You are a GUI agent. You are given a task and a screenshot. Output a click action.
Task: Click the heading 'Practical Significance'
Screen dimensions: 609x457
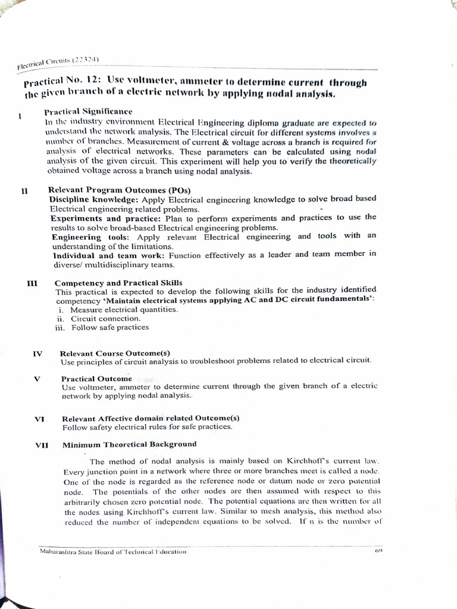(x=88, y=111)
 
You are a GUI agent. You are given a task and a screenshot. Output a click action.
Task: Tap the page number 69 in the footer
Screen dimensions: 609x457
(x=377, y=551)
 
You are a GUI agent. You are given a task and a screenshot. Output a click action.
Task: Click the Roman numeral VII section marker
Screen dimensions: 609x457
(x=43, y=444)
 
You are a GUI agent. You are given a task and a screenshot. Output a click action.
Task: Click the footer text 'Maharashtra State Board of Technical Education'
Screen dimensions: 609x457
(x=112, y=551)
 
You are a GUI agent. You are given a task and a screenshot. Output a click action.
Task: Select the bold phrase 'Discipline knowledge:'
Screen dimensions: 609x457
(x=88, y=199)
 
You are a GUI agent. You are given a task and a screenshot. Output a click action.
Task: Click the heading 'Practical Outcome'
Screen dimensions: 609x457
(x=96, y=378)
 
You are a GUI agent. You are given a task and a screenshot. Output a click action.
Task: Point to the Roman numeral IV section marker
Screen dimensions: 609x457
(x=37, y=353)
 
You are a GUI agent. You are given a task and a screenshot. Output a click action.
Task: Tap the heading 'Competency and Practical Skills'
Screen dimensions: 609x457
(x=118, y=282)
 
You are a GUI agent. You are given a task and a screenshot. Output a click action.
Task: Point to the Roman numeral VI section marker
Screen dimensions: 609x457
(x=40, y=419)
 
